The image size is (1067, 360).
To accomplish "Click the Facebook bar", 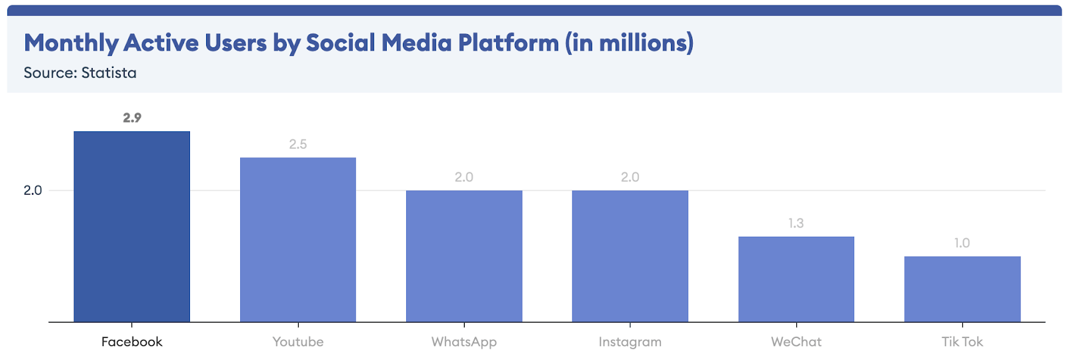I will (131, 227).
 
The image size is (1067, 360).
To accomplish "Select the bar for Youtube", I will (297, 240).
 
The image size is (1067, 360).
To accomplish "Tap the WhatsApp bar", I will (463, 256).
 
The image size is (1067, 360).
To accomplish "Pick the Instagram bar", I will (630, 256).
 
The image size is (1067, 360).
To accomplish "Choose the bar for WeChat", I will (796, 279).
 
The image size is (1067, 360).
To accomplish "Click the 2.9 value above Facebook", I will (132, 118).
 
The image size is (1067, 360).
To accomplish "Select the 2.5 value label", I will (297, 144).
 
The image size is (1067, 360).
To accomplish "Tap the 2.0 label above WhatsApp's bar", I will (463, 177).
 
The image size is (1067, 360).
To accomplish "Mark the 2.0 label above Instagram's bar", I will (630, 177).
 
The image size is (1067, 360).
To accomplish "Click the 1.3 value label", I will (796, 223).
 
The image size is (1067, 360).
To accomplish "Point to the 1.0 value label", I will (962, 243).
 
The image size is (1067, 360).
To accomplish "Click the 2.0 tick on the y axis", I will (33, 191).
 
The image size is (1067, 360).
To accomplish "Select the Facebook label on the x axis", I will (131, 342).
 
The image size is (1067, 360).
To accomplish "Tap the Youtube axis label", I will (297, 342).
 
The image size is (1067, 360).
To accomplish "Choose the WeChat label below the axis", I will (796, 342).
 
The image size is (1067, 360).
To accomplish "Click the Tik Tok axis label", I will (962, 342).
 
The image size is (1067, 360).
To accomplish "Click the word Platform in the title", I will (508, 43).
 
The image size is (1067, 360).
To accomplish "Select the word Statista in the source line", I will (109, 73).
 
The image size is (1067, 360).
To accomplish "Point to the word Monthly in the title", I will (71, 43).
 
